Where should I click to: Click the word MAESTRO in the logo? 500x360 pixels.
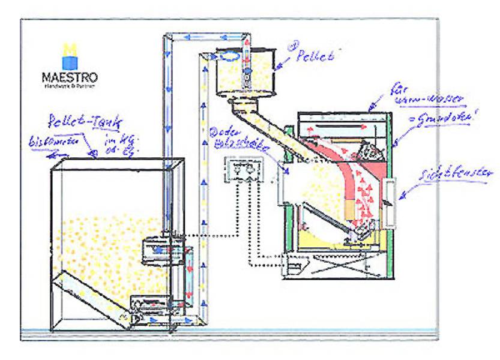70,77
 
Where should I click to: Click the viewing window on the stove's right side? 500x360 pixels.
391,199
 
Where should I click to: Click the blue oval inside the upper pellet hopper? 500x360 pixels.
228,56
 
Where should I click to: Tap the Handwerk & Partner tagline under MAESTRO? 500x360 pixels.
70,86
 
